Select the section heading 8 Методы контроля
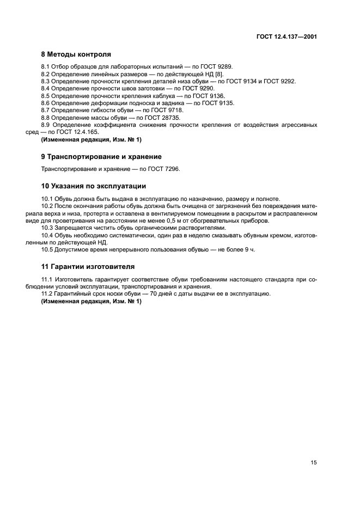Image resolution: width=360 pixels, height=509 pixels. coord(76,54)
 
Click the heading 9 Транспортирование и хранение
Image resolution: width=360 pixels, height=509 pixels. coord(101,157)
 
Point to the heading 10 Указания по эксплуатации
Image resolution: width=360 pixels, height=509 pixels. coord(94,185)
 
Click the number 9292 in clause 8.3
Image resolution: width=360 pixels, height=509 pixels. coord(289,81)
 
